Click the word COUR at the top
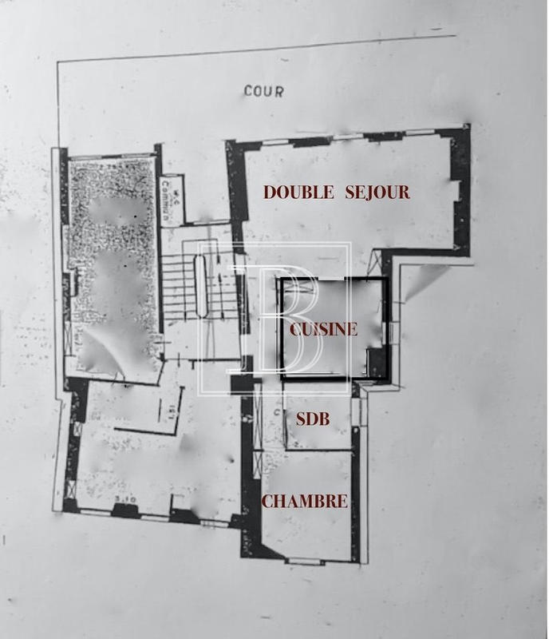click(x=263, y=91)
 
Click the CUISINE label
click(x=323, y=329)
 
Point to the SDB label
click(x=313, y=419)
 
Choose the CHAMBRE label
click(x=305, y=502)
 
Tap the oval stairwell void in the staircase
click(x=201, y=286)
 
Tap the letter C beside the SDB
click(x=276, y=413)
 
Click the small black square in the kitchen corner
click(x=376, y=363)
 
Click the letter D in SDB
click(x=313, y=419)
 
